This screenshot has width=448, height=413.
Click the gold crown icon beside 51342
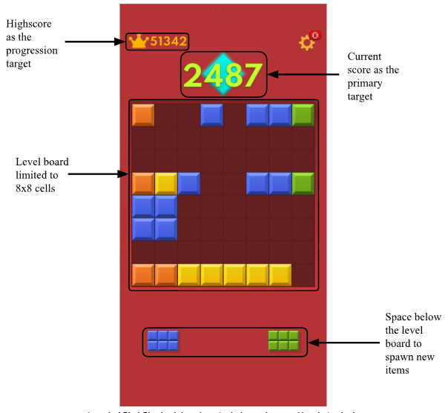click(138, 42)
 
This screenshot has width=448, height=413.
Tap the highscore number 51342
click(168, 42)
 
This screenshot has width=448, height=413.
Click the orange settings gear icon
click(306, 43)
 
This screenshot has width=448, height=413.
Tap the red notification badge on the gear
click(314, 35)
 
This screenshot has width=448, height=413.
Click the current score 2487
click(223, 75)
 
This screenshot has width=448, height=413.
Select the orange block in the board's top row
click(143, 115)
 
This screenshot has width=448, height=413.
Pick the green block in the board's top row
click(303, 115)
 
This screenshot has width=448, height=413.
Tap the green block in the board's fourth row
click(303, 183)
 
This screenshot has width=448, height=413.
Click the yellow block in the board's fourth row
click(166, 183)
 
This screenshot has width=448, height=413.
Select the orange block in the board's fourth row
click(143, 183)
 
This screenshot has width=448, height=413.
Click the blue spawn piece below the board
click(162, 340)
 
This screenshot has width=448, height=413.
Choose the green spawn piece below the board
click(283, 340)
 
